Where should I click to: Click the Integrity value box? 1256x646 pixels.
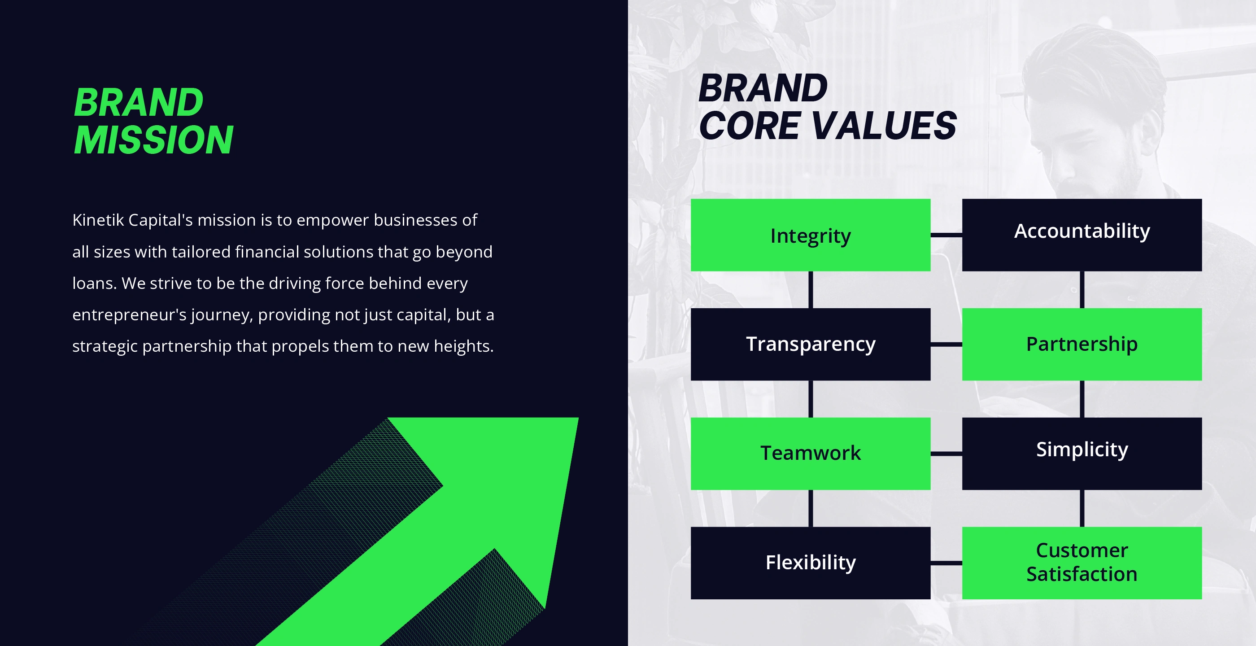[x=811, y=235]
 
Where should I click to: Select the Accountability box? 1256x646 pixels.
[x=1082, y=235]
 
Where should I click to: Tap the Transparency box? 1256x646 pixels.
[x=811, y=344]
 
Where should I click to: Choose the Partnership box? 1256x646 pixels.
[x=1082, y=344]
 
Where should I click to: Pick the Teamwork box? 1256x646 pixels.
[x=811, y=454]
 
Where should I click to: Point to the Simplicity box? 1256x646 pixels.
[x=1082, y=454]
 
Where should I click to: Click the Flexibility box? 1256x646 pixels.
[x=811, y=563]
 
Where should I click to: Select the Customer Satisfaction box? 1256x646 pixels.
[x=1082, y=563]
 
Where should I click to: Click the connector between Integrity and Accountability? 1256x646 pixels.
[x=946, y=235]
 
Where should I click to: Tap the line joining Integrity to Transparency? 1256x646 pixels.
[x=811, y=290]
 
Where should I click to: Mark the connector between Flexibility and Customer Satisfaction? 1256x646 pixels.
[x=946, y=563]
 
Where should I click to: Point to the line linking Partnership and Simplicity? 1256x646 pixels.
[x=1082, y=399]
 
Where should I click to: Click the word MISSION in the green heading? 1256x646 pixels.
[x=153, y=140]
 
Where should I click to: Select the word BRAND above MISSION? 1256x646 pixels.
[x=139, y=102]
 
